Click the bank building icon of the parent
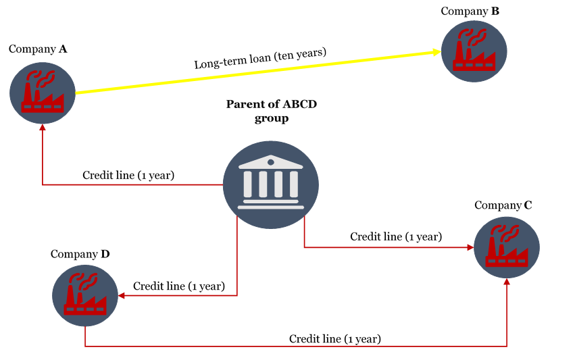coord(271,185)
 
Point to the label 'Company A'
coord(38,49)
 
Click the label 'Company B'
coord(470,11)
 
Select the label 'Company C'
coord(503,205)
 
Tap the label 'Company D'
coord(80,254)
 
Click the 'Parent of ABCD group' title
coord(272,111)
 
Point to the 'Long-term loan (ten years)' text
coord(260,58)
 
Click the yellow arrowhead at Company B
coord(437,52)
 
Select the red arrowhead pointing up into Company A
coord(43,128)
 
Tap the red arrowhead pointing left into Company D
coord(122,295)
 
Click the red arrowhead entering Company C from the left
coord(470,248)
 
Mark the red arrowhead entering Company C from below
coord(507,282)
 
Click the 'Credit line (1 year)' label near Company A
coord(128,176)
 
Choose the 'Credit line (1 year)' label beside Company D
coord(178,286)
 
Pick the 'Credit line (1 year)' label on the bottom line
coord(334,339)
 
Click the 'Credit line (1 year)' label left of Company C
coord(396,237)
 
